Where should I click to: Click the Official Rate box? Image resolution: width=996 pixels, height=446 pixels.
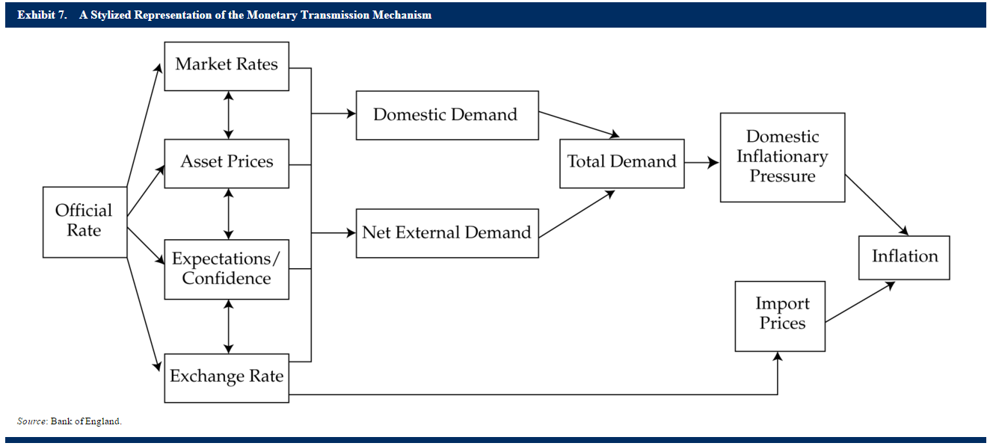(85, 222)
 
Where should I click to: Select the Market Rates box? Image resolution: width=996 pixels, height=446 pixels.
(227, 66)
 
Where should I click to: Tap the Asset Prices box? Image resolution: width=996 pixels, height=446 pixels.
(227, 164)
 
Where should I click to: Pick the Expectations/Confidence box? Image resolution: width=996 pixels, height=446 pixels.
(227, 269)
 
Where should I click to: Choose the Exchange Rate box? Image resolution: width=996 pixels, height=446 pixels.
(227, 378)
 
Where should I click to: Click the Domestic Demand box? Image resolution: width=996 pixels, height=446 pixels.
(447, 116)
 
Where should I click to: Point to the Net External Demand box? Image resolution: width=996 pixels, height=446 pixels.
(447, 233)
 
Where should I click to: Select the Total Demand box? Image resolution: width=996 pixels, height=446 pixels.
(622, 164)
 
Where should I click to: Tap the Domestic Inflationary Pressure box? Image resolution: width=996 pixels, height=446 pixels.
(783, 157)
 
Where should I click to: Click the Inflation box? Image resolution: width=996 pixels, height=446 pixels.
(904, 258)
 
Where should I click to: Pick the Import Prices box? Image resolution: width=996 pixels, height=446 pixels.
(780, 316)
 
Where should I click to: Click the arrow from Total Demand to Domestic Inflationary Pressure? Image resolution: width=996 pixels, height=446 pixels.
(701, 163)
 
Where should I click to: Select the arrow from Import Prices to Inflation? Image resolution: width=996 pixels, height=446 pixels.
(860, 302)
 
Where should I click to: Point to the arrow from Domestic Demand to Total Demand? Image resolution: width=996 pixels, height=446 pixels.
(579, 124)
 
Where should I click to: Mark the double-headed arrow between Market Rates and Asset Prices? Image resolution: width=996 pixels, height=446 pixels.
(229, 115)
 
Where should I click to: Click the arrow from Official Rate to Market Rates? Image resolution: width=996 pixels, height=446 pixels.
(144, 125)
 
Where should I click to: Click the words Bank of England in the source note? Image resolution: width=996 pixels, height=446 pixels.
(85, 421)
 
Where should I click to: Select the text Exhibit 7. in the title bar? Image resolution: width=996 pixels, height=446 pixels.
(42, 15)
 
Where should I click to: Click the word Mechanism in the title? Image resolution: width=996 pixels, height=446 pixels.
(402, 15)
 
